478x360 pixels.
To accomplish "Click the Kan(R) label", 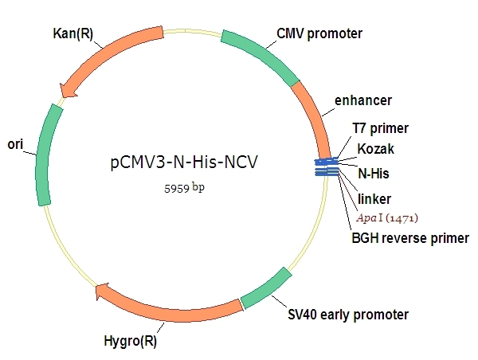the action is [72, 33].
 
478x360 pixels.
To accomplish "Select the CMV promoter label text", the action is [319, 33].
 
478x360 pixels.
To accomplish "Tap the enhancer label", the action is [363, 100].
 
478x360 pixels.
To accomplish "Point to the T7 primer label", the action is [381, 128].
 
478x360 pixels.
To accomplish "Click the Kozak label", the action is [375, 149].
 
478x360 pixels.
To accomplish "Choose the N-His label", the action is [374, 174].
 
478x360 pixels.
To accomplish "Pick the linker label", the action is [374, 199].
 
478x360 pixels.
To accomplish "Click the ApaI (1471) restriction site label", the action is [387, 218].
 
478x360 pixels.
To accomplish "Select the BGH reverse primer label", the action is [410, 238].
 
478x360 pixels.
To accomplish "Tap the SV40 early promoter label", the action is [348, 315].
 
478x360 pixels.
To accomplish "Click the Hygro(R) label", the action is [130, 341].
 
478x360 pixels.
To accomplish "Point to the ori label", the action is [15, 144].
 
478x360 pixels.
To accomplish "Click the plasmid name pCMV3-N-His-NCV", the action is [184, 162].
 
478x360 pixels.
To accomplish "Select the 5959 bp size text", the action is [184, 188].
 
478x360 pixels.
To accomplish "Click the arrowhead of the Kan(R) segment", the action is [67, 90].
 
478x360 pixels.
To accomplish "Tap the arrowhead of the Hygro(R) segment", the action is [103, 292].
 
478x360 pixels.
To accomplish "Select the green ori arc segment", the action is [45, 155].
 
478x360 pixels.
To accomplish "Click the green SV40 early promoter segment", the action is [265, 288].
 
